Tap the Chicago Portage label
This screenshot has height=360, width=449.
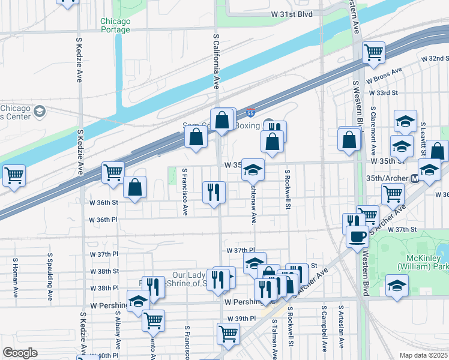tap(115, 25)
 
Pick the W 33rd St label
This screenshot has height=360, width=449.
tap(384, 93)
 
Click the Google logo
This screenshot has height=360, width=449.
tap(20, 353)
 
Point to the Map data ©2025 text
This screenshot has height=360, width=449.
tap(424, 355)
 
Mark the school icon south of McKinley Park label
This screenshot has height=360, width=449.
tap(397, 286)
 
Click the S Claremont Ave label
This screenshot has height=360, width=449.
tap(373, 131)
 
